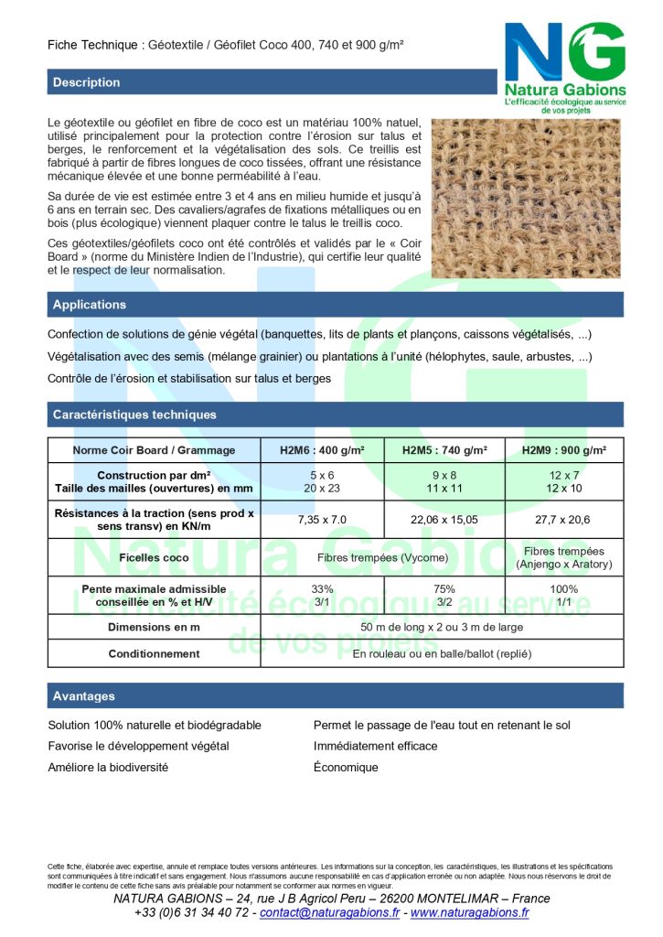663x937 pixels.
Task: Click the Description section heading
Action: point(87,82)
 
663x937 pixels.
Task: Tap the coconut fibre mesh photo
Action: point(526,198)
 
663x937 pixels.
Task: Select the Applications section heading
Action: point(90,305)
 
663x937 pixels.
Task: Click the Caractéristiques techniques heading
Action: point(134,415)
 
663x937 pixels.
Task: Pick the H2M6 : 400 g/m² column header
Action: point(322,450)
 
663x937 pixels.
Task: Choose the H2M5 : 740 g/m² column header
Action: point(444,450)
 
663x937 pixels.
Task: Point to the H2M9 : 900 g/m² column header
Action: point(564,450)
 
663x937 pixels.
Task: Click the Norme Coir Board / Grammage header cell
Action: point(154,450)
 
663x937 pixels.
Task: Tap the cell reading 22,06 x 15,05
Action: point(444,519)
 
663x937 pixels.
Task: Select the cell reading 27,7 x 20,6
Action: point(564,519)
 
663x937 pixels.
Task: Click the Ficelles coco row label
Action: point(154,557)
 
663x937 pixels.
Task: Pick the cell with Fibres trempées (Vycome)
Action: point(382,557)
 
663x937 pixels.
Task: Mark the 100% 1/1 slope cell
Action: point(564,596)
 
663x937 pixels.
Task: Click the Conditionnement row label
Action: point(154,654)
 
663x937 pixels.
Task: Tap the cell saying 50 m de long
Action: point(442,628)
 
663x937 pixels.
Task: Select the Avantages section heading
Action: point(84,696)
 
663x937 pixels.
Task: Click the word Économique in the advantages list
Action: point(346,768)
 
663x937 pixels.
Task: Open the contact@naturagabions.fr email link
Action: point(329,912)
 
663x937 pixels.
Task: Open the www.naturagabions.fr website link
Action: point(468,912)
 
